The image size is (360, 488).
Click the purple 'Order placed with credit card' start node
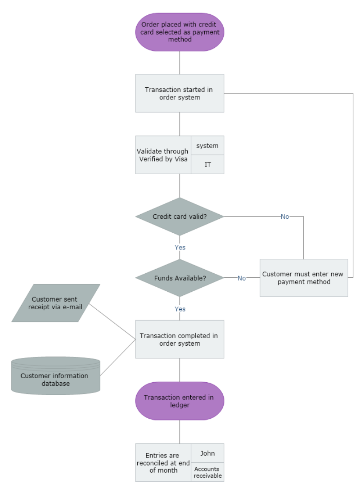point(180,32)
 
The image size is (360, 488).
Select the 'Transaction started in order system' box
point(180,93)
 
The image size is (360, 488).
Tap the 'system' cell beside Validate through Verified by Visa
point(207,145)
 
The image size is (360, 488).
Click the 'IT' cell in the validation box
point(207,165)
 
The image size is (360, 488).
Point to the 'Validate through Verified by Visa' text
point(163,155)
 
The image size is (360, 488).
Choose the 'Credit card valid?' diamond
point(180,217)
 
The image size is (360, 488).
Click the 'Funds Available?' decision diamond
point(180,278)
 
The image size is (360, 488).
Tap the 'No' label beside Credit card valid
point(285,217)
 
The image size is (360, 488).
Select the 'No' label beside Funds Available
point(242,278)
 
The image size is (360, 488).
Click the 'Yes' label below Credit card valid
point(180,247)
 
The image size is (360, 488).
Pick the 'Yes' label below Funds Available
point(180,309)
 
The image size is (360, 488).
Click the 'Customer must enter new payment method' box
point(304,278)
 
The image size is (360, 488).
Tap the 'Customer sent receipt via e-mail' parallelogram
point(55,303)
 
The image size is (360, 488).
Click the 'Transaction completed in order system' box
point(180,339)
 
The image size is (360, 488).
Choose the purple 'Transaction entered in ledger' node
point(180,401)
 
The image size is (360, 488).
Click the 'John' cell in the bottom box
point(207,453)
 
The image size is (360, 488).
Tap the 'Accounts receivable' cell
point(207,472)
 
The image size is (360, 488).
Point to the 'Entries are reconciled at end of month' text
point(163,463)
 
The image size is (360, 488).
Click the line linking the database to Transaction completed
point(117,357)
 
